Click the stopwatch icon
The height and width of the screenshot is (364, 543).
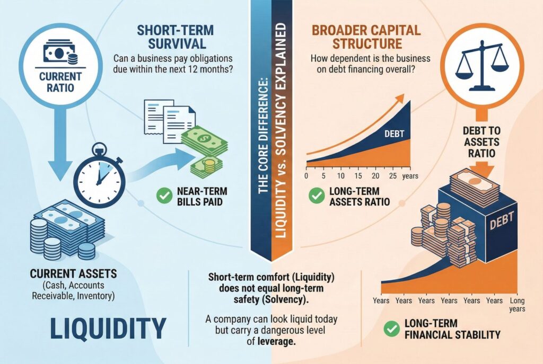[100, 176]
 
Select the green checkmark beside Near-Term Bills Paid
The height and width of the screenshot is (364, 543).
[164, 196]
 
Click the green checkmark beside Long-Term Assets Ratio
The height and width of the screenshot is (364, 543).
[317, 196]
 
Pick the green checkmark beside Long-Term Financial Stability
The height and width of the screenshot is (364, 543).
[392, 329]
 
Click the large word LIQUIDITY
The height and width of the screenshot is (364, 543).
[108, 329]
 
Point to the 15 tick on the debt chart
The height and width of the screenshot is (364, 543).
[358, 176]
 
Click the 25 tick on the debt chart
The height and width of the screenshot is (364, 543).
[393, 176]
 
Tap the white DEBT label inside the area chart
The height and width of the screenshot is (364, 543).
[394, 134]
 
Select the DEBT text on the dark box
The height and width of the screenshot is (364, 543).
[502, 221]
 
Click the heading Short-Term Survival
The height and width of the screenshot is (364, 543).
[175, 37]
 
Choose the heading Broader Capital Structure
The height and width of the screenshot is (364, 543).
[366, 37]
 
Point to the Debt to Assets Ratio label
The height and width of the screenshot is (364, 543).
[481, 142]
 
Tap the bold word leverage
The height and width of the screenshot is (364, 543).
[276, 342]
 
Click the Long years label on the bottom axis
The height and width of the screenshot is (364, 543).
[518, 305]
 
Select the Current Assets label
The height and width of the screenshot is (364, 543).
[73, 274]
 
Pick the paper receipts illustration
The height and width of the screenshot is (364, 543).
[169, 121]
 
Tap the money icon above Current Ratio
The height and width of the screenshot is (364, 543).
[59, 54]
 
